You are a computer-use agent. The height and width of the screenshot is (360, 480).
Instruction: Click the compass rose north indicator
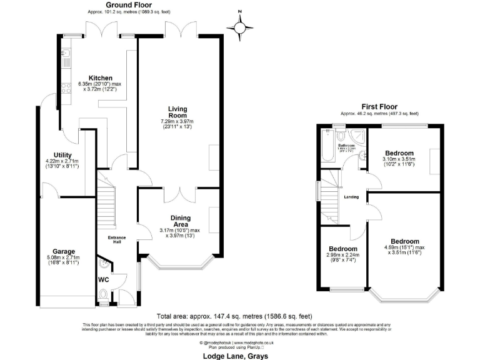(239, 26)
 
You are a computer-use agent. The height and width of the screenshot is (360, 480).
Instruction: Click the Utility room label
(63, 155)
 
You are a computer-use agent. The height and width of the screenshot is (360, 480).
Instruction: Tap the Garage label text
(63, 250)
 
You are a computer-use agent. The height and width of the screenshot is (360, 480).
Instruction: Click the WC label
(104, 280)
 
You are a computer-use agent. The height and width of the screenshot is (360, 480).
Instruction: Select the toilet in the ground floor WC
(104, 300)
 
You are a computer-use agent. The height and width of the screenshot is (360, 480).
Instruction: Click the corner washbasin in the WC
(103, 266)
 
